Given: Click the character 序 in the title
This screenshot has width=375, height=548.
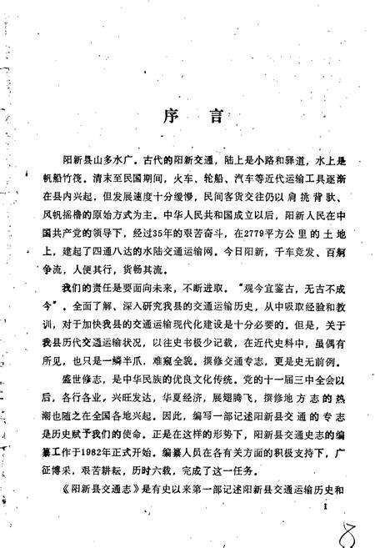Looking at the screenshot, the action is (163, 117).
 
